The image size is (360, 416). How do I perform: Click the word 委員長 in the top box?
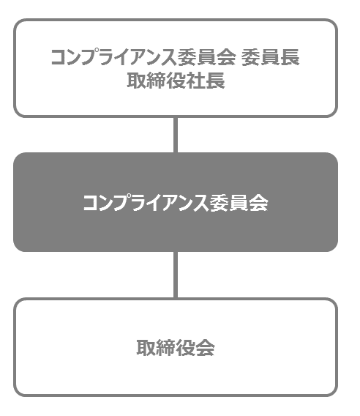271,57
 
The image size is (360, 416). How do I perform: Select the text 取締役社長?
176,81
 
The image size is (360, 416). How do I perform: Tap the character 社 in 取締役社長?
195,81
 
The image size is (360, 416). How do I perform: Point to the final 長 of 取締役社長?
215,81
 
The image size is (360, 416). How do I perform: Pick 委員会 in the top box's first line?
206,57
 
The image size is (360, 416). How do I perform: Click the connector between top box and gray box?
176,135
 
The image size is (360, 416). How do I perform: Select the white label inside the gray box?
176,203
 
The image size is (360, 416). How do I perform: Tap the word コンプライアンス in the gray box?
146,203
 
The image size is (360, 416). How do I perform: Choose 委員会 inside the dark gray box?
239,203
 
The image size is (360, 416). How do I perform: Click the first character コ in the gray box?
90,204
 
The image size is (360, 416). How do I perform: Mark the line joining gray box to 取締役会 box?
176,275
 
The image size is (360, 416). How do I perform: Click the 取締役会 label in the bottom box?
176,347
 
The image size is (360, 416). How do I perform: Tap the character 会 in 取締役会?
205,347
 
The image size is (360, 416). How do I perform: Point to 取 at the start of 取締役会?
146,347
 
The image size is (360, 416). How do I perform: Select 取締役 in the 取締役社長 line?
157,81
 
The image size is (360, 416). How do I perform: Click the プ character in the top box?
90,57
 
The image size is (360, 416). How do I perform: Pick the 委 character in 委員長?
251,57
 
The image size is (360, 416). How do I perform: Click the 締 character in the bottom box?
166,347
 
